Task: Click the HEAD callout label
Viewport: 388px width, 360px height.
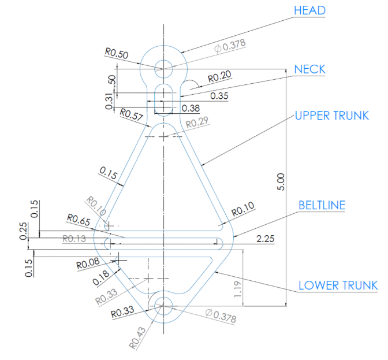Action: pyautogui.click(x=309, y=10)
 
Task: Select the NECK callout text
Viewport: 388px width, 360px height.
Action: pyautogui.click(x=310, y=69)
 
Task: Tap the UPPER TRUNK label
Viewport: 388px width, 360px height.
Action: pyautogui.click(x=332, y=116)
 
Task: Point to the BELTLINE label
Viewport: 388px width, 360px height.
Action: pyautogui.click(x=322, y=205)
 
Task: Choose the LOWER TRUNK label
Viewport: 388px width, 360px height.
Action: pyautogui.click(x=338, y=285)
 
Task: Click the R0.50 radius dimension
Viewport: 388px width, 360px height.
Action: pyautogui.click(x=117, y=53)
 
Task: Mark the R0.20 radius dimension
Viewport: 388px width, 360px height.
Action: pyautogui.click(x=219, y=76)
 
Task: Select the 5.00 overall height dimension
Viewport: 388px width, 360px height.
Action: pyautogui.click(x=281, y=182)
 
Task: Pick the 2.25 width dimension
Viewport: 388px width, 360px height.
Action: pyautogui.click(x=265, y=239)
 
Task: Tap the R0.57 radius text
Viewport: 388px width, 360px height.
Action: pyautogui.click(x=132, y=114)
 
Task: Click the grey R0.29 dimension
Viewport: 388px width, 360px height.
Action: pyautogui.click(x=197, y=123)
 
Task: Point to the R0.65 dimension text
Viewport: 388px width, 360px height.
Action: pyautogui.click(x=79, y=220)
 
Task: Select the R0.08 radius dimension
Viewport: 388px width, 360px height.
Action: pyautogui.click(x=88, y=263)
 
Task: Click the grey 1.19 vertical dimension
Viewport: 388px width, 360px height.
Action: pyautogui.click(x=237, y=289)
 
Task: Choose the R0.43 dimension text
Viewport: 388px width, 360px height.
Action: pyautogui.click(x=137, y=338)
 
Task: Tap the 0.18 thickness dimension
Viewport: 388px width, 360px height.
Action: pyautogui.click(x=101, y=277)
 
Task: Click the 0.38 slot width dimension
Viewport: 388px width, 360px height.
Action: pyautogui.click(x=191, y=108)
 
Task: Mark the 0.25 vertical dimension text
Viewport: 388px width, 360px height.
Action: pyautogui.click(x=23, y=231)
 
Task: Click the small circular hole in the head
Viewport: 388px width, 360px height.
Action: pyautogui.click(x=163, y=69)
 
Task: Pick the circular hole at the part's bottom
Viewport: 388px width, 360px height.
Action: pyautogui.click(x=163, y=306)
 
